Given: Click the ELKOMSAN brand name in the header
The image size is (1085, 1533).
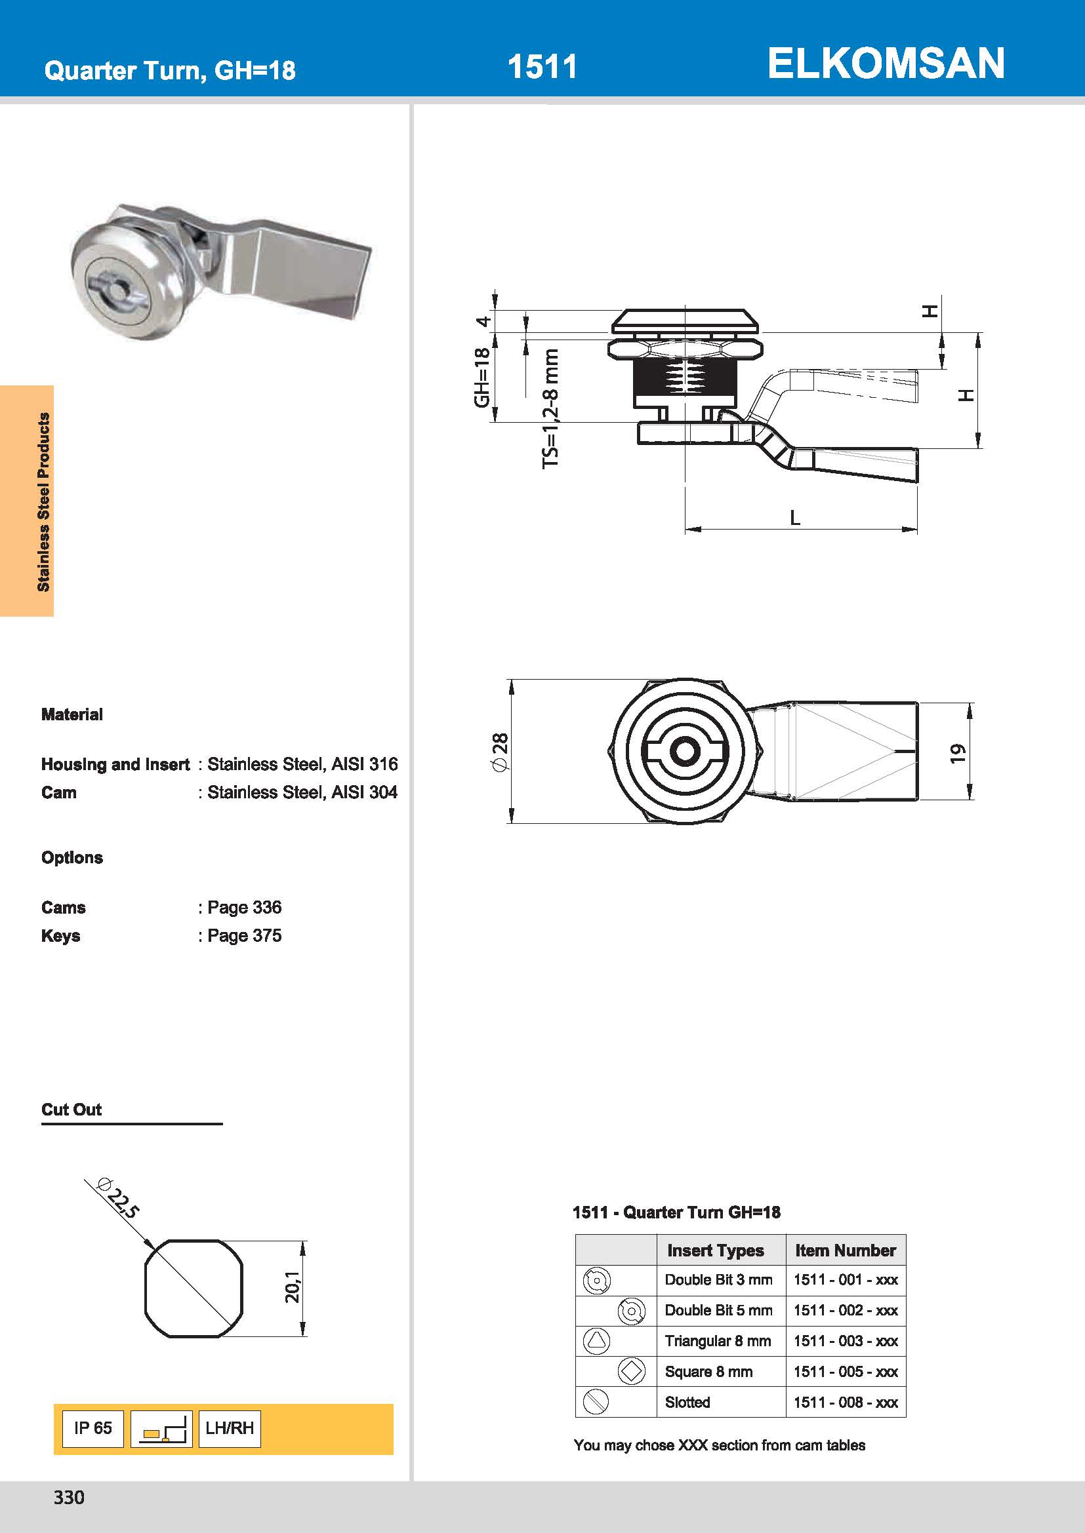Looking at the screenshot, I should (x=885, y=64).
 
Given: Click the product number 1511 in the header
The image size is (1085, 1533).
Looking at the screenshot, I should (x=542, y=67).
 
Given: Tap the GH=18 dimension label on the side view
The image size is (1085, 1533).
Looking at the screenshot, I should (x=482, y=378).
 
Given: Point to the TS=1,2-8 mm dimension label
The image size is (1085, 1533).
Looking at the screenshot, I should (x=550, y=408).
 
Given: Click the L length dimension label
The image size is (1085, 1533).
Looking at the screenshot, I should (x=795, y=518).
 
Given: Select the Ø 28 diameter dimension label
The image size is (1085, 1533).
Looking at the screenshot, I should (x=501, y=752).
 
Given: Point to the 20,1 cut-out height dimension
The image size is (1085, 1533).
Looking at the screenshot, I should (x=293, y=1287).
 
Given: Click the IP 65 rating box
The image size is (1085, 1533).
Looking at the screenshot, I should (x=93, y=1428).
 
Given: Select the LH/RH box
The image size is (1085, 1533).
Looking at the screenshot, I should (x=229, y=1428).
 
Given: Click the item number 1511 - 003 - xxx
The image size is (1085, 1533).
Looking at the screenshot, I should (x=845, y=1341).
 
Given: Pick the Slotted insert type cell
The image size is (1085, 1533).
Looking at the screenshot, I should (x=687, y=1402).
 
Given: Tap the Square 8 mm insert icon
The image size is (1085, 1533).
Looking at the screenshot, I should (x=631, y=1371).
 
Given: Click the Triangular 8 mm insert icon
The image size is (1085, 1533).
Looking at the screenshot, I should (x=596, y=1340).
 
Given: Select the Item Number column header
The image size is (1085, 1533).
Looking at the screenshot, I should (x=845, y=1250).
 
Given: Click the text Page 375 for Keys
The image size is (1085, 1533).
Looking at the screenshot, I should (x=244, y=935).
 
